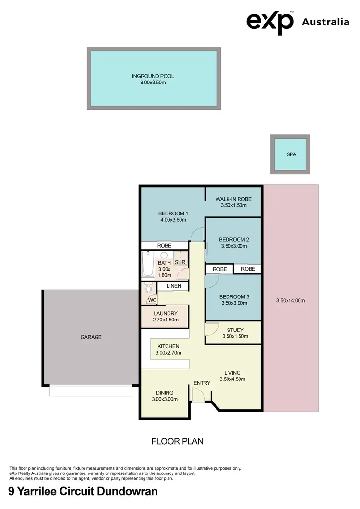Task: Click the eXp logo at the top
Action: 270,22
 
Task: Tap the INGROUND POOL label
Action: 153,76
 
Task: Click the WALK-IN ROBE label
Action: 233,199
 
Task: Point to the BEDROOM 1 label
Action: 173,213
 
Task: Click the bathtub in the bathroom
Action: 147,266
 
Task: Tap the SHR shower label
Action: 180,262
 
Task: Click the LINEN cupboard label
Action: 173,286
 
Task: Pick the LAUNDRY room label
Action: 165,314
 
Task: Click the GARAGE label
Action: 91,337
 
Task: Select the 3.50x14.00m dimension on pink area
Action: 290,301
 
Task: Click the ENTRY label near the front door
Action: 202,383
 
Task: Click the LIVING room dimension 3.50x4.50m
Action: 232,379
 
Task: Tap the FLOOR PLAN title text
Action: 177,441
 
